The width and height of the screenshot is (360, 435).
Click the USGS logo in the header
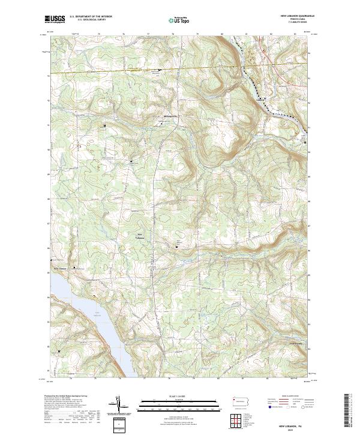tap(55, 19)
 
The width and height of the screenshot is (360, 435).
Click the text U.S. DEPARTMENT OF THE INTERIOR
tap(91, 17)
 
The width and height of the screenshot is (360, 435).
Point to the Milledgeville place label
tap(171, 116)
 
